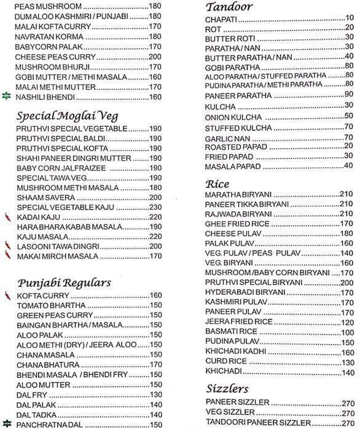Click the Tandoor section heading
pyautogui.click(x=229, y=7)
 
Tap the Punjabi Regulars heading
pyautogui.click(x=64, y=283)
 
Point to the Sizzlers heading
pyautogui.click(x=227, y=389)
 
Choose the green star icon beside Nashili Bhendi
pyautogui.click(x=7, y=96)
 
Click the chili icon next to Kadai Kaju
pyautogui.click(x=7, y=217)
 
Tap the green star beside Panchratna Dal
pyautogui.click(x=7, y=424)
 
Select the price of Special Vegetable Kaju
pyautogui.click(x=155, y=207)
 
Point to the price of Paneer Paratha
pyautogui.click(x=348, y=93)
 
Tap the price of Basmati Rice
pyautogui.click(x=347, y=332)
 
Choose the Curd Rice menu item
pyautogui.click(x=225, y=362)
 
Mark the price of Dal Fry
pyautogui.click(x=155, y=394)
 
